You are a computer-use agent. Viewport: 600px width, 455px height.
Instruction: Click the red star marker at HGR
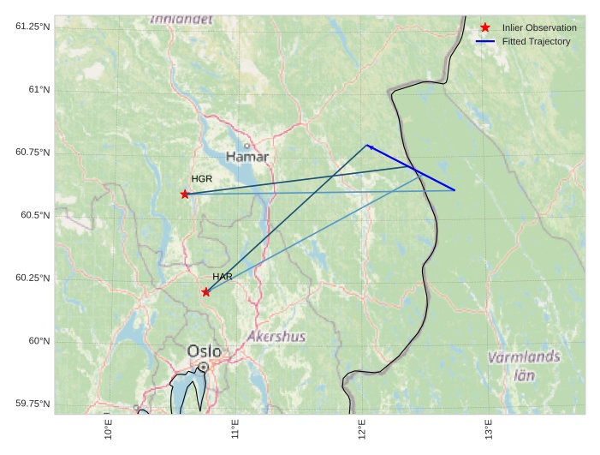(x=185, y=195)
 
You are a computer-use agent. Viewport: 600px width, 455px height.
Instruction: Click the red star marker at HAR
(x=206, y=292)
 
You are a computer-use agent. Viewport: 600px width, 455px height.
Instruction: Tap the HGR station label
(x=201, y=179)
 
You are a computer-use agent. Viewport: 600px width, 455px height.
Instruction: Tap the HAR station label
(x=223, y=277)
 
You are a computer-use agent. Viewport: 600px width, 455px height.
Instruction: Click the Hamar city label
(x=247, y=157)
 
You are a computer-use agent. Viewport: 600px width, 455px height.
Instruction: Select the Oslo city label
(x=204, y=351)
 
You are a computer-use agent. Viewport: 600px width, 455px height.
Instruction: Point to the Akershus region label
(x=276, y=337)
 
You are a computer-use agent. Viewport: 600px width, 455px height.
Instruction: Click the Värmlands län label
(x=524, y=365)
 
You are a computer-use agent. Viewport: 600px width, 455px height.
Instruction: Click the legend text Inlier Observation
(x=539, y=27)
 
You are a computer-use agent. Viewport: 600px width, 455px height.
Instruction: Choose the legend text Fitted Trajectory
(x=536, y=41)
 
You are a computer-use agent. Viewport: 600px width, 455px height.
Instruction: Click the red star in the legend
(x=485, y=27)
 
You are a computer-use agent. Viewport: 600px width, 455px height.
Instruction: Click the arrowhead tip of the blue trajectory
(x=366, y=145)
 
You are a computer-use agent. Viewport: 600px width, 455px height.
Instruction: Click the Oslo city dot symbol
(x=204, y=367)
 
